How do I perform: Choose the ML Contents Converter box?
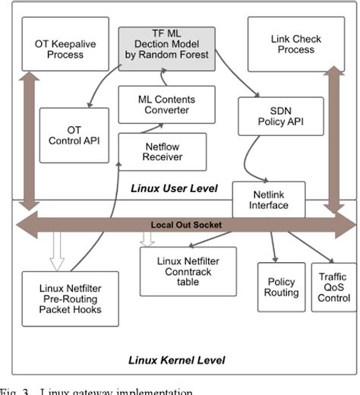(x=166, y=104)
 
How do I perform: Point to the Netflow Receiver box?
(x=163, y=152)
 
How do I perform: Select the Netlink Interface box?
(x=268, y=199)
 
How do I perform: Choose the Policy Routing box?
(x=279, y=287)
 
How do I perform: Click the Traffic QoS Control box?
(x=333, y=287)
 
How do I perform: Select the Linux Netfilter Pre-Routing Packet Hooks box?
(x=69, y=298)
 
